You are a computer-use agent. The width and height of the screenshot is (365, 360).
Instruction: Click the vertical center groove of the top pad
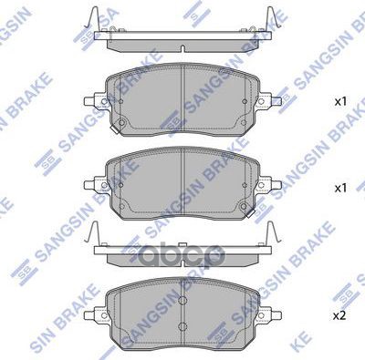coord(182,100)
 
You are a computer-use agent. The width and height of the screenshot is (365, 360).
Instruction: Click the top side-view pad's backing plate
coord(182,39)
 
